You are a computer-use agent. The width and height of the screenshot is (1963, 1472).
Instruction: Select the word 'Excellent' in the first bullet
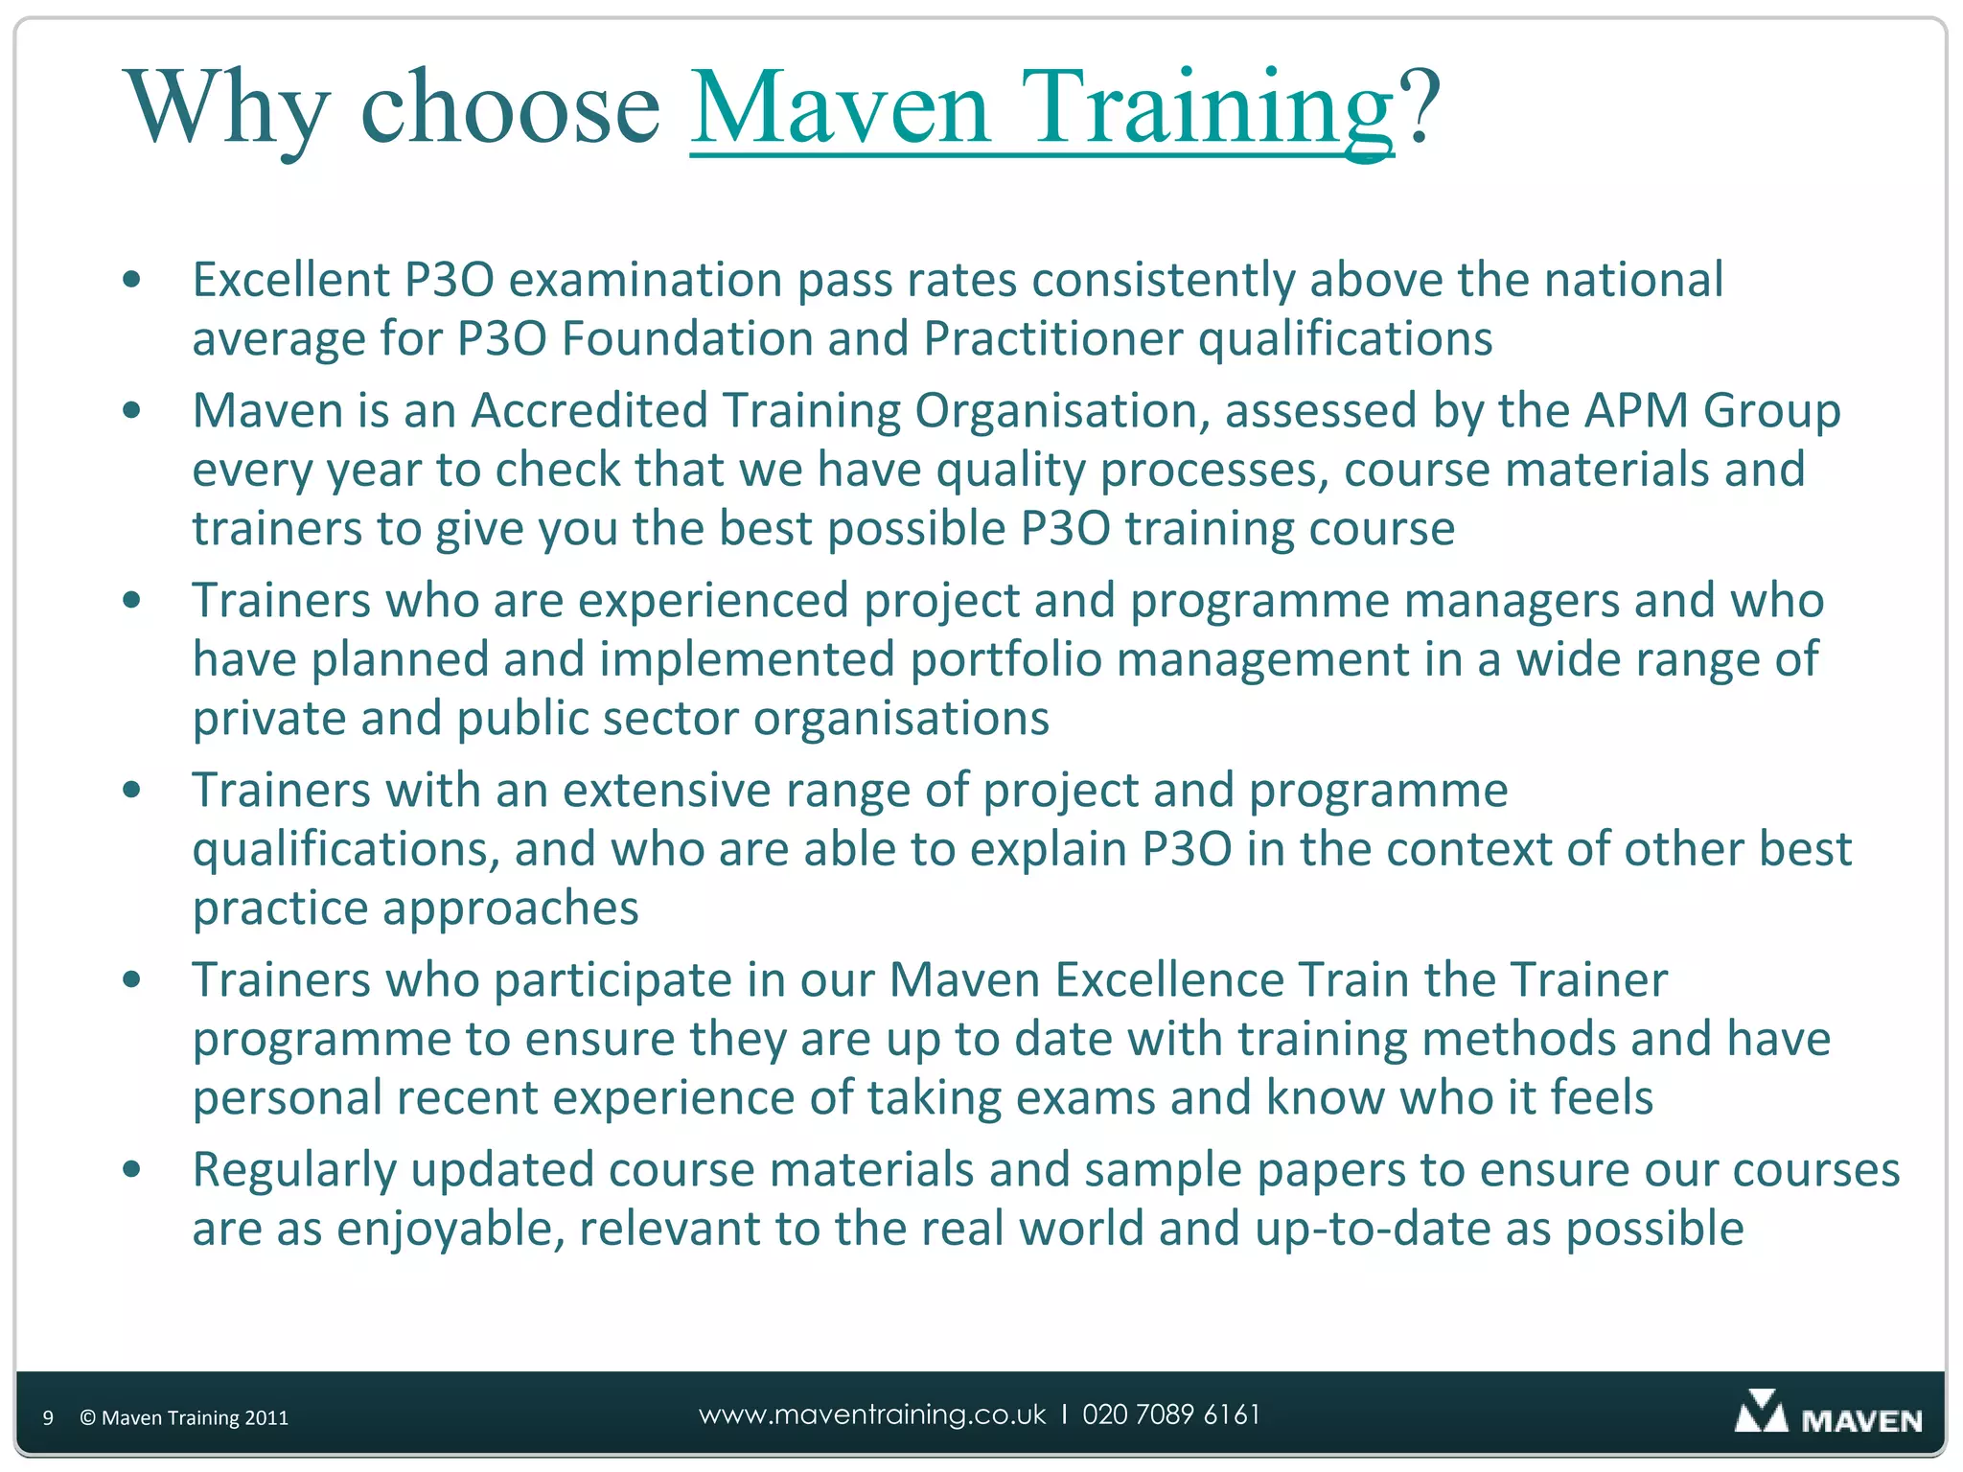pos(291,280)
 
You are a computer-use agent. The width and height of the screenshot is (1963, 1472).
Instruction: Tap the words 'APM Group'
pos(1712,410)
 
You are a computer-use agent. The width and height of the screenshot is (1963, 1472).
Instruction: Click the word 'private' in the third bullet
pos(269,719)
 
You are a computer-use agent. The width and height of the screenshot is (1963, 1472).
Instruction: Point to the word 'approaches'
pos(511,908)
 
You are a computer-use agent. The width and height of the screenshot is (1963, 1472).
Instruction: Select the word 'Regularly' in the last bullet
pos(294,1170)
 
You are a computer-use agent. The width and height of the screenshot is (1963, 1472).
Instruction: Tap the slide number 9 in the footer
pos(48,1417)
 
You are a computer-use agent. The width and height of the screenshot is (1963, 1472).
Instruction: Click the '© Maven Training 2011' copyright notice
pos(184,1417)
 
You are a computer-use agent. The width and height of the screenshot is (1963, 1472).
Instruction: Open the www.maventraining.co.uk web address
pos(872,1414)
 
